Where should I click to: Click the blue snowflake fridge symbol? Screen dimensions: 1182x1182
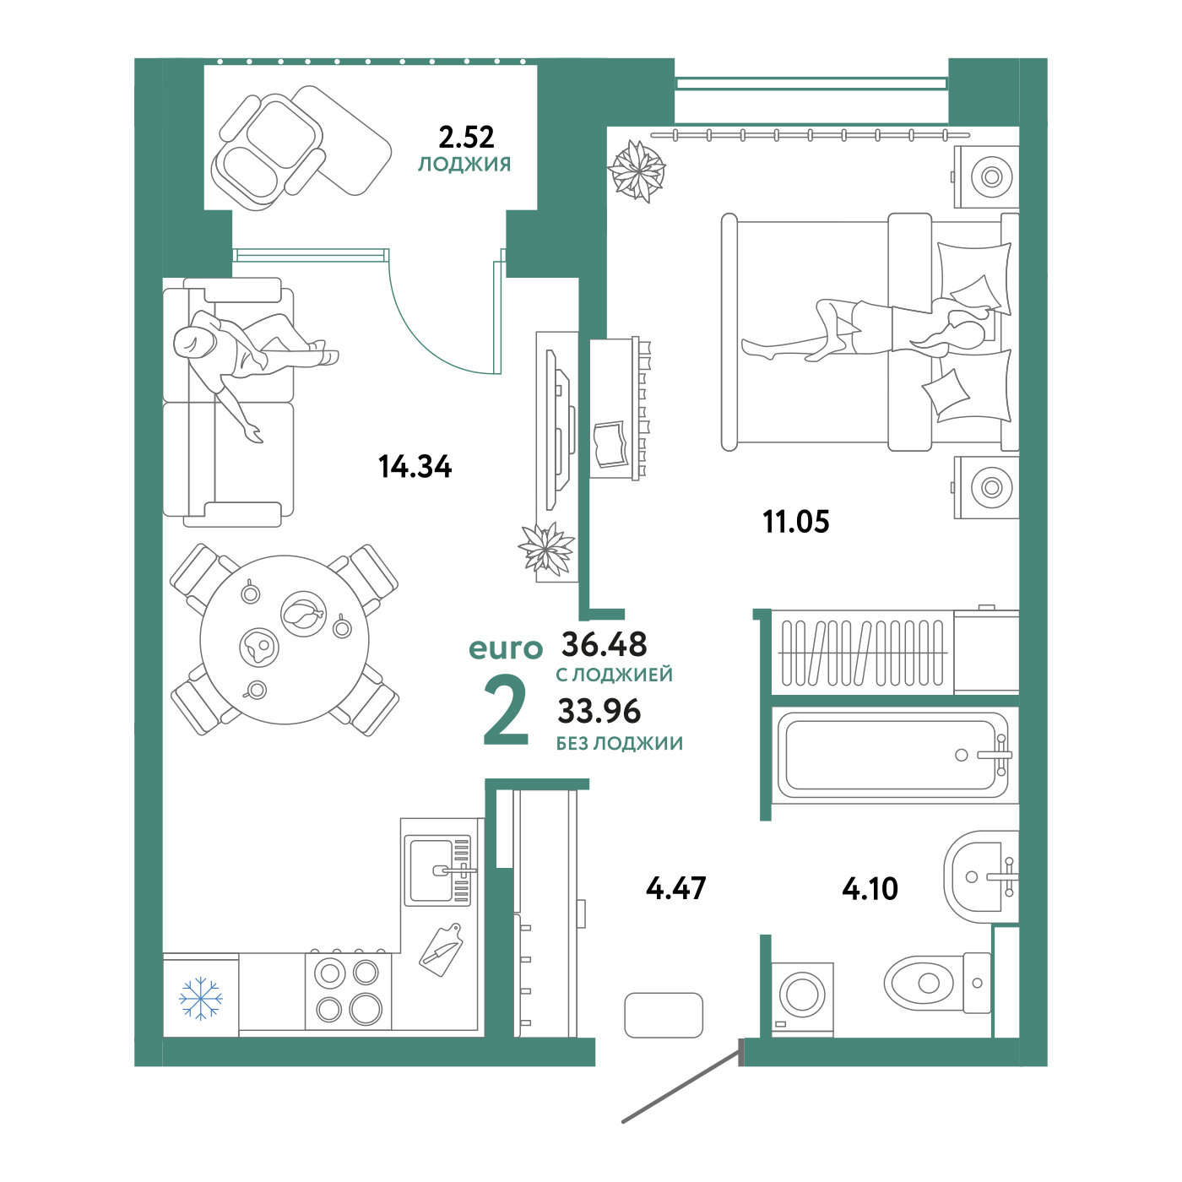click(x=201, y=998)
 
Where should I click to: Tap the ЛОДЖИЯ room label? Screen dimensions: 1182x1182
click(x=465, y=164)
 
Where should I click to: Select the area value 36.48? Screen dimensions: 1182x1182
click(x=605, y=644)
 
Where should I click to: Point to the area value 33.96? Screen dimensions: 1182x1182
click(x=599, y=712)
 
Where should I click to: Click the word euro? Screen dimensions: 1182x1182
click(x=506, y=648)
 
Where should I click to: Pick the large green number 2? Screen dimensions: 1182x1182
click(x=506, y=711)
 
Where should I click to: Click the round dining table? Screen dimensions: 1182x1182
click(x=285, y=640)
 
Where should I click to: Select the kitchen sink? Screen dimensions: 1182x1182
click(x=438, y=870)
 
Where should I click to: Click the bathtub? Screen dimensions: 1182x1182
click(x=893, y=755)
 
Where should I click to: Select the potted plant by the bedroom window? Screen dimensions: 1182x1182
click(x=637, y=170)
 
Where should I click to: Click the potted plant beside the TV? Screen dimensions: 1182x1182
click(x=547, y=550)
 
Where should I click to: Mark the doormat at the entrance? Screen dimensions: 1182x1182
click(x=664, y=1015)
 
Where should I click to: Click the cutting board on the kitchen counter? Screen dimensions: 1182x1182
click(x=442, y=949)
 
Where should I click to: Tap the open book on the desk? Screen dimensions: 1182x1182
click(x=610, y=444)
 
